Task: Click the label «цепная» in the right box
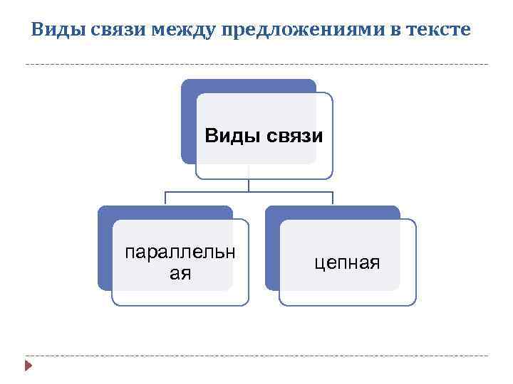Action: coord(348,264)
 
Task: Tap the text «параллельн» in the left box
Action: coord(180,254)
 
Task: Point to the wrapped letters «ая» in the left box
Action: coord(180,273)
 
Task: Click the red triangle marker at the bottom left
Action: coord(28,366)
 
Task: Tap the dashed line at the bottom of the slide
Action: coord(256,356)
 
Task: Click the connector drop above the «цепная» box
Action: coord(333,199)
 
